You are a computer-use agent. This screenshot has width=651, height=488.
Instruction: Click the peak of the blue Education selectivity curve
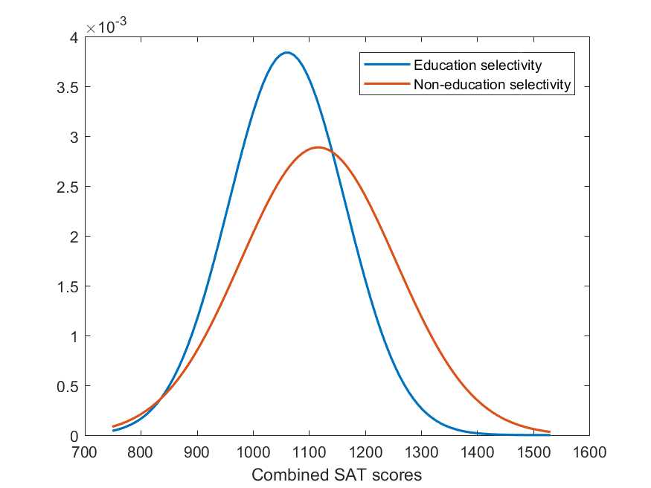pos(287,53)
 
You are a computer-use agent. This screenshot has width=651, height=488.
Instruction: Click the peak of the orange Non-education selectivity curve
pos(318,147)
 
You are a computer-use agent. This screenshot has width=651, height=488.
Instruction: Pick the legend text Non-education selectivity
pos(492,85)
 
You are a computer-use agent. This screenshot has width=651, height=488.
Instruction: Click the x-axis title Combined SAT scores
pos(337,474)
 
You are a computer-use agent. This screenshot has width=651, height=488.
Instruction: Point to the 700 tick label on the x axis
pos(85,450)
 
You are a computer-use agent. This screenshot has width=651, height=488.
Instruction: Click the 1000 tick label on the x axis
pos(253,450)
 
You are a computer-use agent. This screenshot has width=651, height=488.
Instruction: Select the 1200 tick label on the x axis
pos(365,450)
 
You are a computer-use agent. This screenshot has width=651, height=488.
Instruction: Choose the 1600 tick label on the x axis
pos(589,450)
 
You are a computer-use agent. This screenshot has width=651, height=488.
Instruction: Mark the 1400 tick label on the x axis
pos(477,450)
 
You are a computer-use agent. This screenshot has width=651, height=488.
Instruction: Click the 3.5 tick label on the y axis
pos(69,87)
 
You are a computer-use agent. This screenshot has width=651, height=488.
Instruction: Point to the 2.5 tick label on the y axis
pos(69,187)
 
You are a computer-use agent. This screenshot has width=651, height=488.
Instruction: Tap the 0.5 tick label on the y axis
pos(69,386)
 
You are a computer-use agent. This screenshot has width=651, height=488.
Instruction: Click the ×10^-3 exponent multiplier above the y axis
pos(106,27)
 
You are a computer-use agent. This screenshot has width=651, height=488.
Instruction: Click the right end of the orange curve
pos(549,431)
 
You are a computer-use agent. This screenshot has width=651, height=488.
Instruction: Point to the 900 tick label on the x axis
pos(197,450)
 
